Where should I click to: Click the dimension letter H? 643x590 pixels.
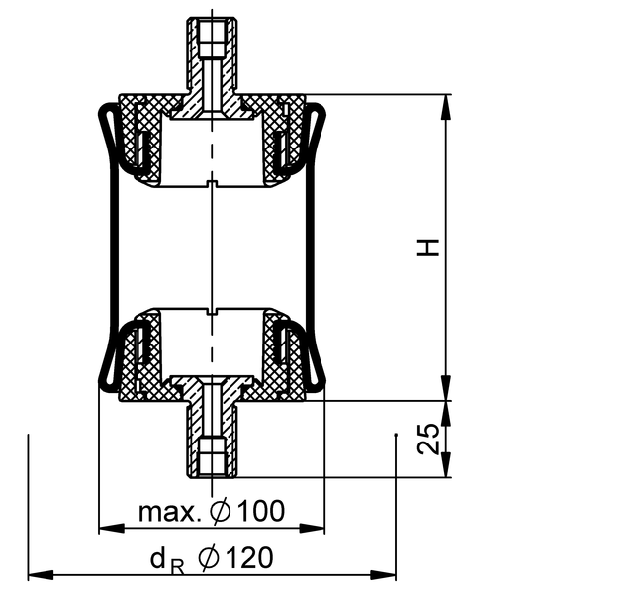pyautogui.click(x=427, y=247)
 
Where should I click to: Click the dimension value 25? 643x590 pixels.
pyautogui.click(x=428, y=439)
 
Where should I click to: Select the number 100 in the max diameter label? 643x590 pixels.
pyautogui.click(x=261, y=511)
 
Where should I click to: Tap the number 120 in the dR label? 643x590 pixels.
pyautogui.click(x=249, y=557)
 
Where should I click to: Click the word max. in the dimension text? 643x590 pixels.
pyautogui.click(x=170, y=512)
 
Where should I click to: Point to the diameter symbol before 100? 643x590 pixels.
pyautogui.click(x=221, y=511)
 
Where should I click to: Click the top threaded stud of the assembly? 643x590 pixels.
pyautogui.click(x=212, y=53)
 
